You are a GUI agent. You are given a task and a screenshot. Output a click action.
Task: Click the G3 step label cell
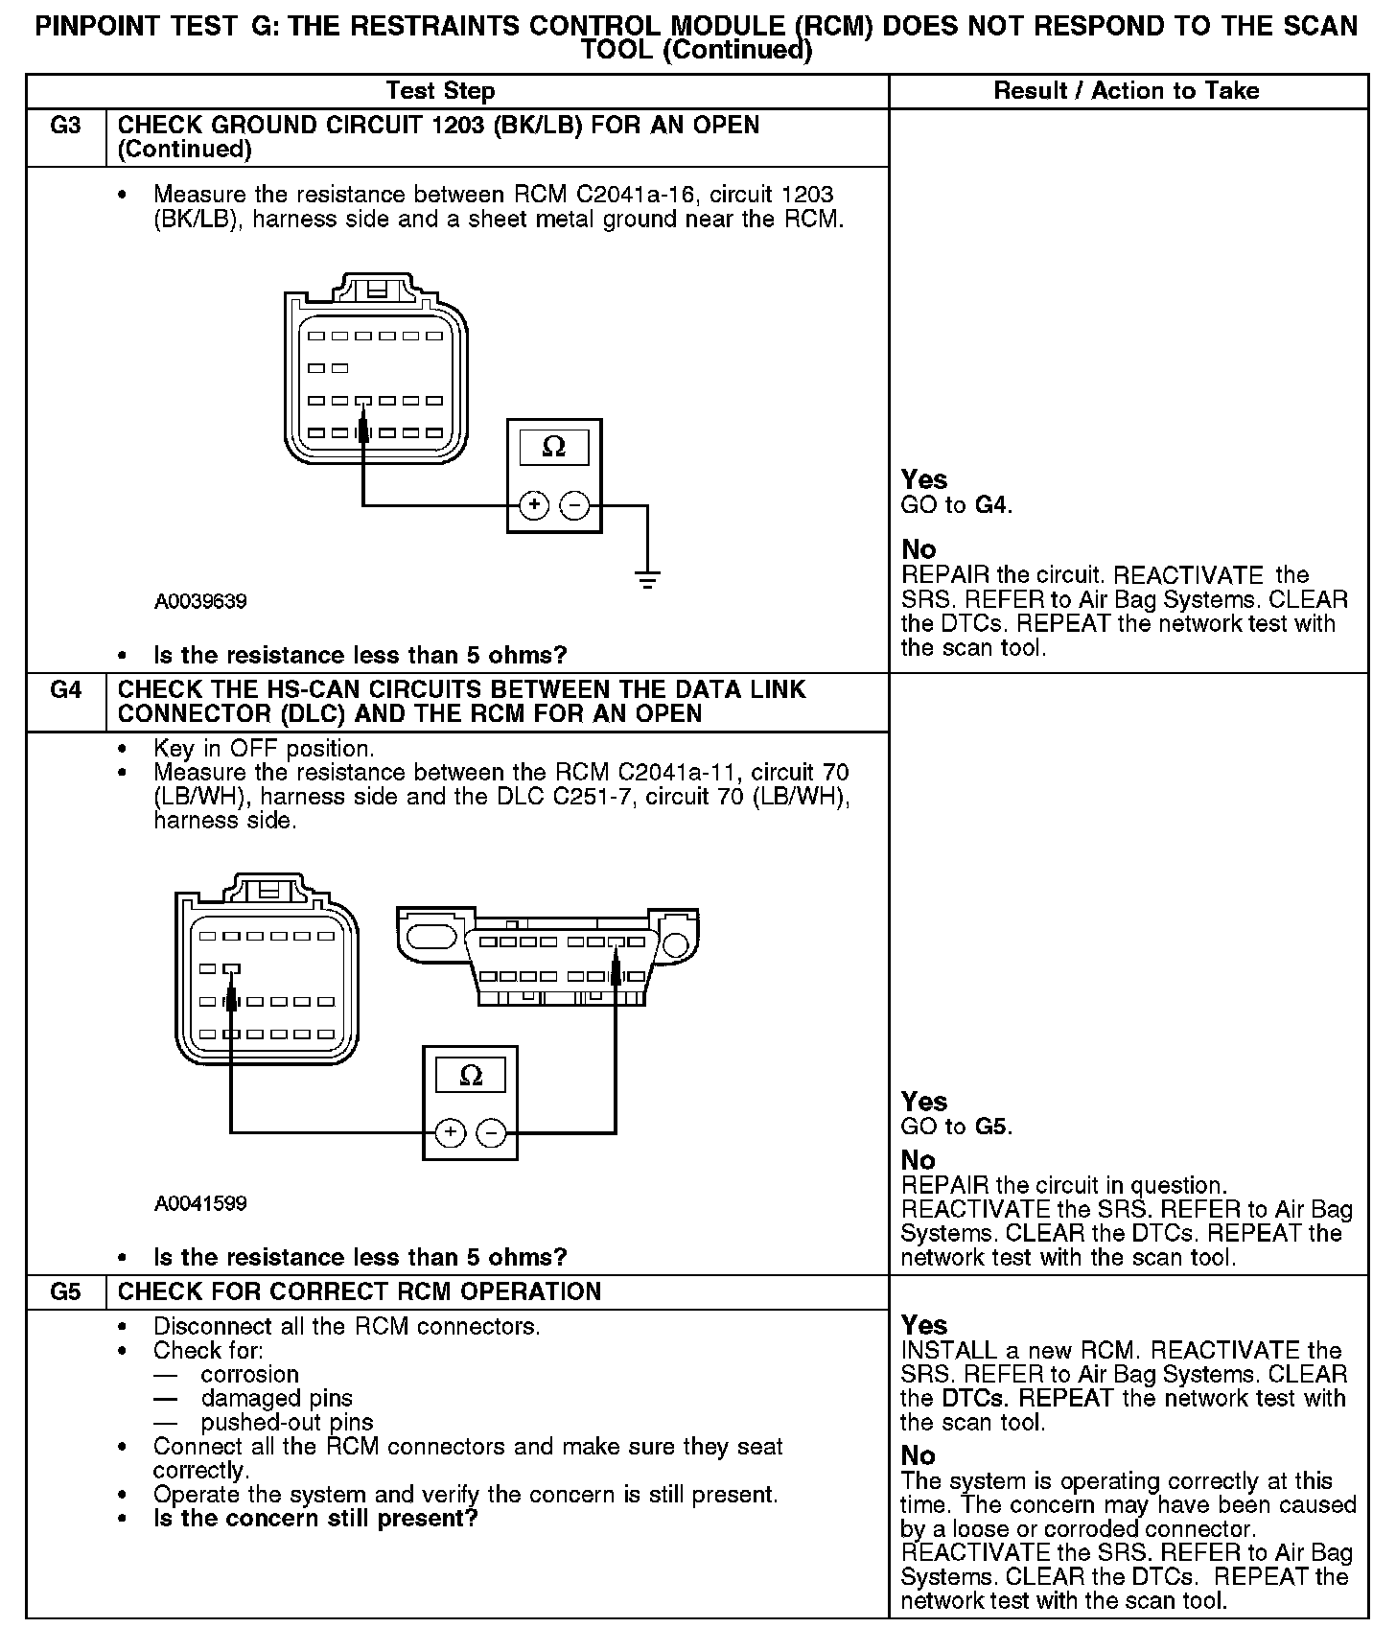coord(65,127)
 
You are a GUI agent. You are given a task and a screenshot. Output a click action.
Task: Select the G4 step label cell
coord(65,690)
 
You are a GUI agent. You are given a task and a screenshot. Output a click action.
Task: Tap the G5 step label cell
coord(65,1291)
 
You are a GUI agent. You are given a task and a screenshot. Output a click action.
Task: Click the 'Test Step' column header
coord(440,91)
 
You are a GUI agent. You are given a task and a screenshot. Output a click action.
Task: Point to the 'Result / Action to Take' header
coord(1127,91)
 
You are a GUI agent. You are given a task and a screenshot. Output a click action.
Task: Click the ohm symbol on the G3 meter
coord(553,447)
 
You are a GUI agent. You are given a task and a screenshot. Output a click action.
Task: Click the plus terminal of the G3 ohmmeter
coord(534,505)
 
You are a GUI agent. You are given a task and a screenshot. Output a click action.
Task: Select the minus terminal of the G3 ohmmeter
coord(574,505)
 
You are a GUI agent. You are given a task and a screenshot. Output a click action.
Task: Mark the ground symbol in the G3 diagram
coord(647,578)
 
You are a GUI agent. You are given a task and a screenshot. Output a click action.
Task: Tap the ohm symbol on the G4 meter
coord(471,1075)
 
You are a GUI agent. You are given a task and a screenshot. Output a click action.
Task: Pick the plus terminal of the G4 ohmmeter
coord(451,1133)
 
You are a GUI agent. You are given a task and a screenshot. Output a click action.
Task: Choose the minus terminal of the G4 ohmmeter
coord(491,1133)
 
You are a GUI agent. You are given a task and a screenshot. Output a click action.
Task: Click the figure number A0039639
coord(200,602)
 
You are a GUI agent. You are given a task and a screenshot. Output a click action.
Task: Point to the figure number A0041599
coord(200,1204)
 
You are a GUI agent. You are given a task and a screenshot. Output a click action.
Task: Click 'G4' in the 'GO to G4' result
coord(991,505)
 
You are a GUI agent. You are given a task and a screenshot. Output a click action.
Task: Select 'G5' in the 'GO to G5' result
coord(991,1127)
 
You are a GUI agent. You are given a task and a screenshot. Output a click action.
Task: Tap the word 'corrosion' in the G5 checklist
coord(249,1374)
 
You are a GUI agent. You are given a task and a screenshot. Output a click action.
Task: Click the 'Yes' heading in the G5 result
coord(923,1325)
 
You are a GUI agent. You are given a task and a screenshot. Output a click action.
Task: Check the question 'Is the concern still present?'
coord(315,1519)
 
